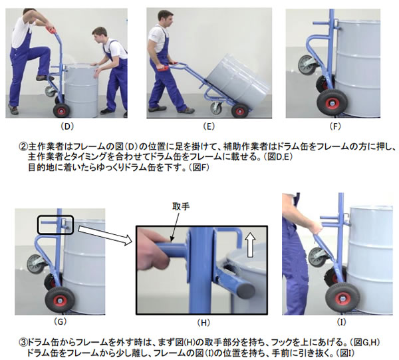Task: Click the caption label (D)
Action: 67,126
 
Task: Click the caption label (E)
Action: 209,126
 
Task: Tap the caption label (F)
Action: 335,126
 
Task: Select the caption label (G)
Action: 60,322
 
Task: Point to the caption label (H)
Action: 203,323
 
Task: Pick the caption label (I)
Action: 341,322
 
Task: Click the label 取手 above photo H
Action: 181,206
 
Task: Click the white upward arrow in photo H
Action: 251,245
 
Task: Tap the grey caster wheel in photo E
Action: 216,108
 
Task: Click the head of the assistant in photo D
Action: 98,35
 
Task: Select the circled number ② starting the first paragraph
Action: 23,146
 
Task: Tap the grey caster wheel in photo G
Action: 36,264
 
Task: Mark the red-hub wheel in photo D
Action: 61,110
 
